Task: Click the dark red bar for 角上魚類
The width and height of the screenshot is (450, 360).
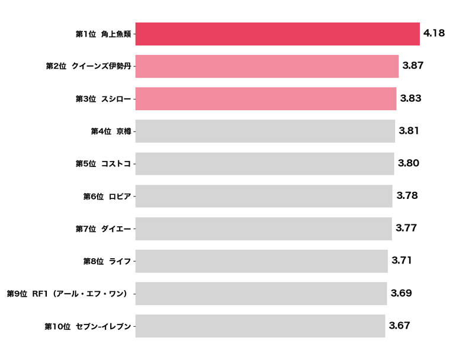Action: point(277,34)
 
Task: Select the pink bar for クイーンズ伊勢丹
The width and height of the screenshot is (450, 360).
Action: point(266,66)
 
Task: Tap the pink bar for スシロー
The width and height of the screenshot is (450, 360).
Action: point(265,99)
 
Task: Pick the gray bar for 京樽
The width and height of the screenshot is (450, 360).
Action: point(265,131)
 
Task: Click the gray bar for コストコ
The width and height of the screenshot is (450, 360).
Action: point(264,163)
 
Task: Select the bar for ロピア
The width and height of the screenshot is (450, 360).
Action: point(263,196)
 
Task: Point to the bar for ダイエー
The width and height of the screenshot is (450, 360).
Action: point(263,229)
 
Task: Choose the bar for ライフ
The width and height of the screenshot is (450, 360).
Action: point(261,261)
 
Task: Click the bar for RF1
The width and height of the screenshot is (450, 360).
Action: point(261,293)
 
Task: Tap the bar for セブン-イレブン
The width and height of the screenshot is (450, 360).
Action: point(260,326)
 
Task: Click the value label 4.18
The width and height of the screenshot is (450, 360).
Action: point(434,33)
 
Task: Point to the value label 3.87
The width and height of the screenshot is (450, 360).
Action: point(413,66)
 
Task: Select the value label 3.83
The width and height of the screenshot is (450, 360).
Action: point(411,98)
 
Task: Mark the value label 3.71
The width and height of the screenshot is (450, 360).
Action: point(401,260)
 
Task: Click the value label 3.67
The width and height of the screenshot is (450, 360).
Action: point(399,325)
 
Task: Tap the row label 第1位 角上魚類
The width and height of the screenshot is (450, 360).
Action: point(103,34)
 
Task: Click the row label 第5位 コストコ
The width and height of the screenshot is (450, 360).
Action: point(103,164)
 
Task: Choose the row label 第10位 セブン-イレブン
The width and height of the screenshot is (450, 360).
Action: point(88,326)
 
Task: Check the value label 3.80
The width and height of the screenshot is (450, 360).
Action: point(409,163)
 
